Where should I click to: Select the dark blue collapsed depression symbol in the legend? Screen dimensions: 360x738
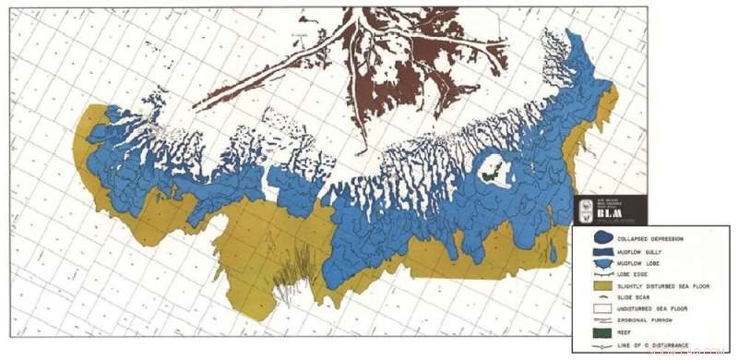601,236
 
